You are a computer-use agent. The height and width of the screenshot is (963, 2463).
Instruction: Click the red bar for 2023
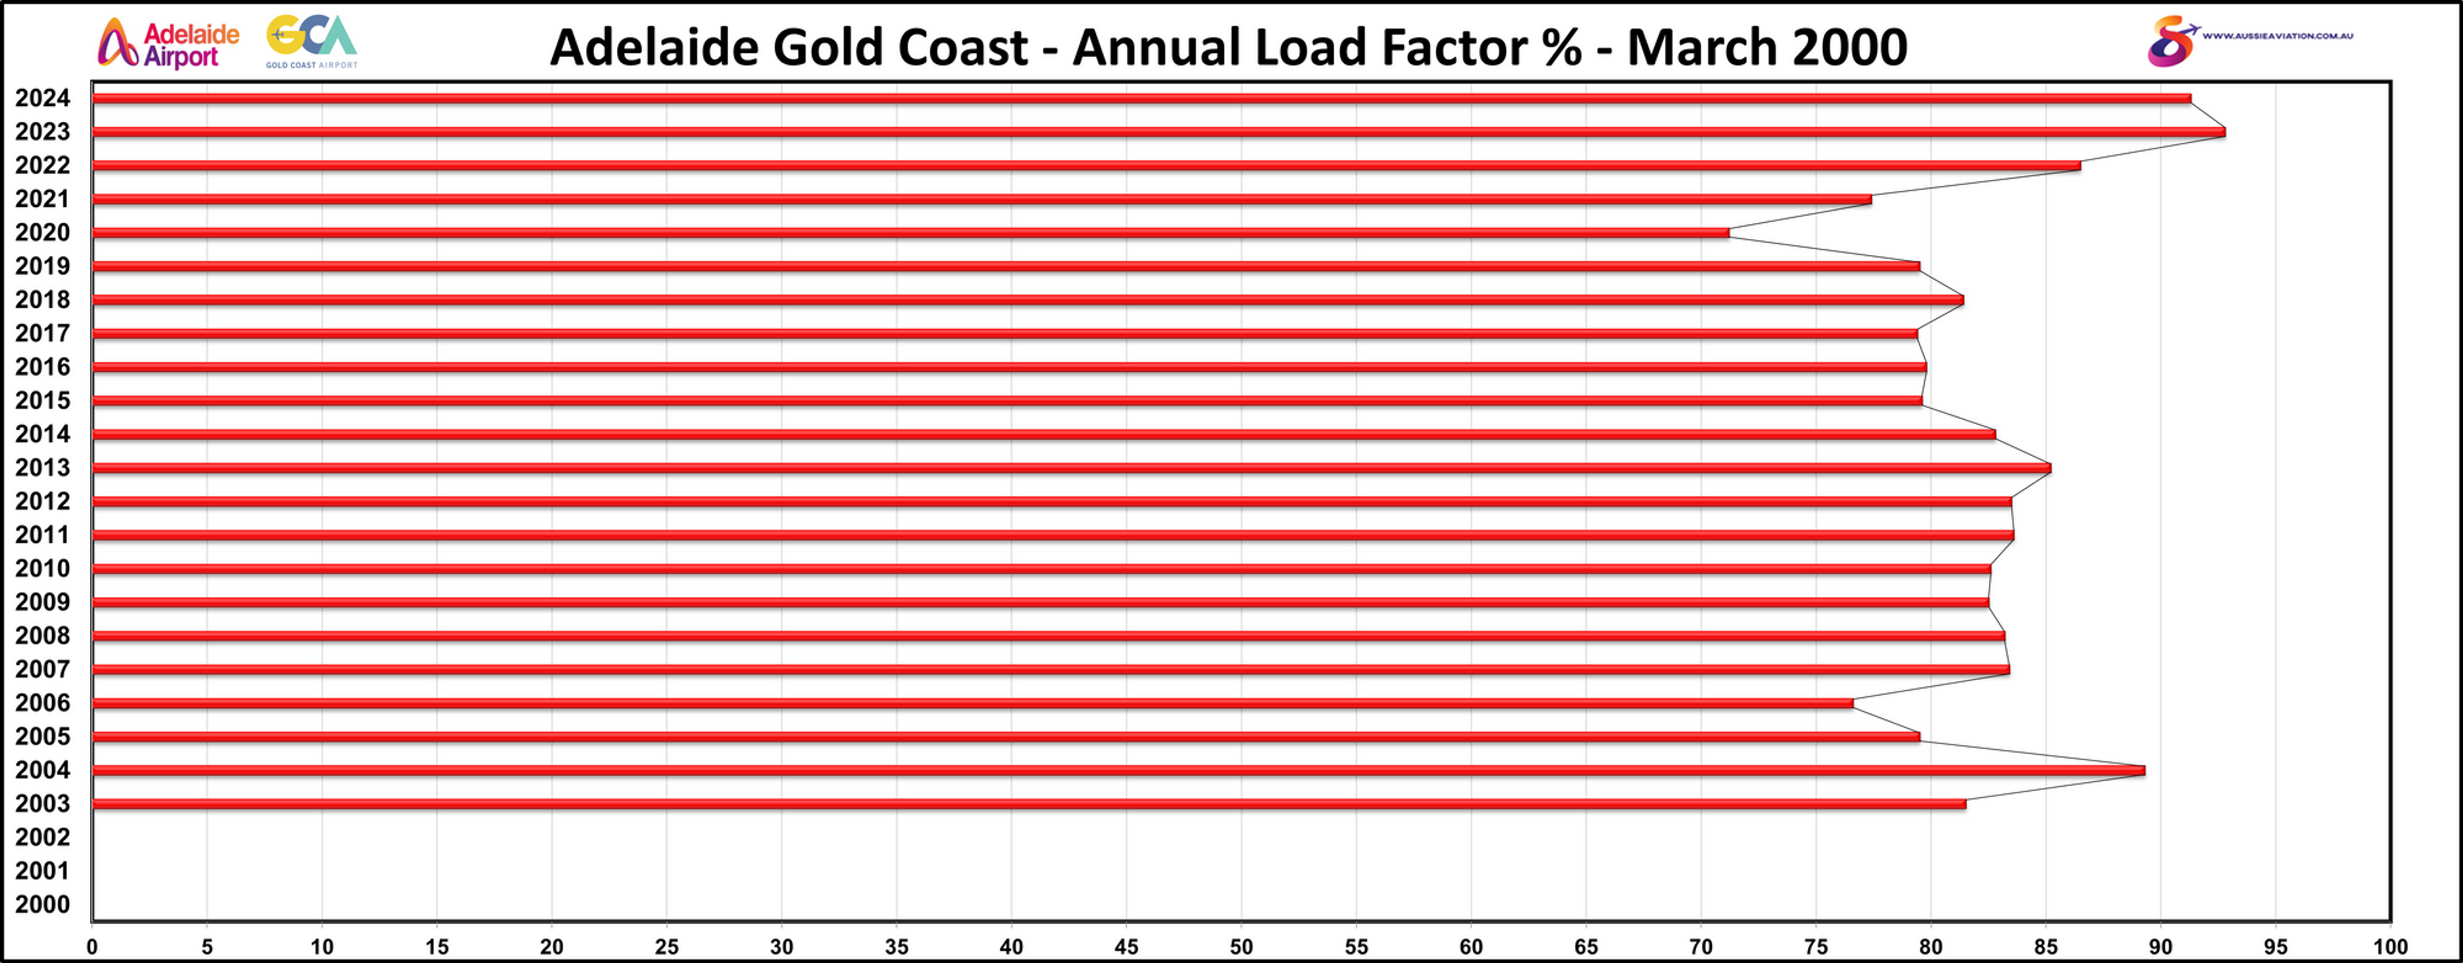[1147, 132]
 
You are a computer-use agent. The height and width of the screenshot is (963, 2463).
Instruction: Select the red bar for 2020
[909, 232]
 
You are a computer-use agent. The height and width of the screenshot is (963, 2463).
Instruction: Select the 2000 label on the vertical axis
[42, 904]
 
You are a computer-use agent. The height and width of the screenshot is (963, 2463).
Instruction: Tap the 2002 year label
[42, 838]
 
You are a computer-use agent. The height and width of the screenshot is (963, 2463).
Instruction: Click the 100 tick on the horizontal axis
[2390, 947]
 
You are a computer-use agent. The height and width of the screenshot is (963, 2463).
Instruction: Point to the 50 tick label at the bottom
[1241, 947]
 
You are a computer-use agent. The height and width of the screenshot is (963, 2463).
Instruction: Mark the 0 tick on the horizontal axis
[92, 947]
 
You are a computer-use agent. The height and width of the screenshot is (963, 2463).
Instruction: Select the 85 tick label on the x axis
[2045, 947]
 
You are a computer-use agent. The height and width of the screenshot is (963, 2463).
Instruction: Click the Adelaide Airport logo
[168, 44]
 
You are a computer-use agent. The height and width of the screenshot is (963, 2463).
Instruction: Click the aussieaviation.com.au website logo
[2249, 40]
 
